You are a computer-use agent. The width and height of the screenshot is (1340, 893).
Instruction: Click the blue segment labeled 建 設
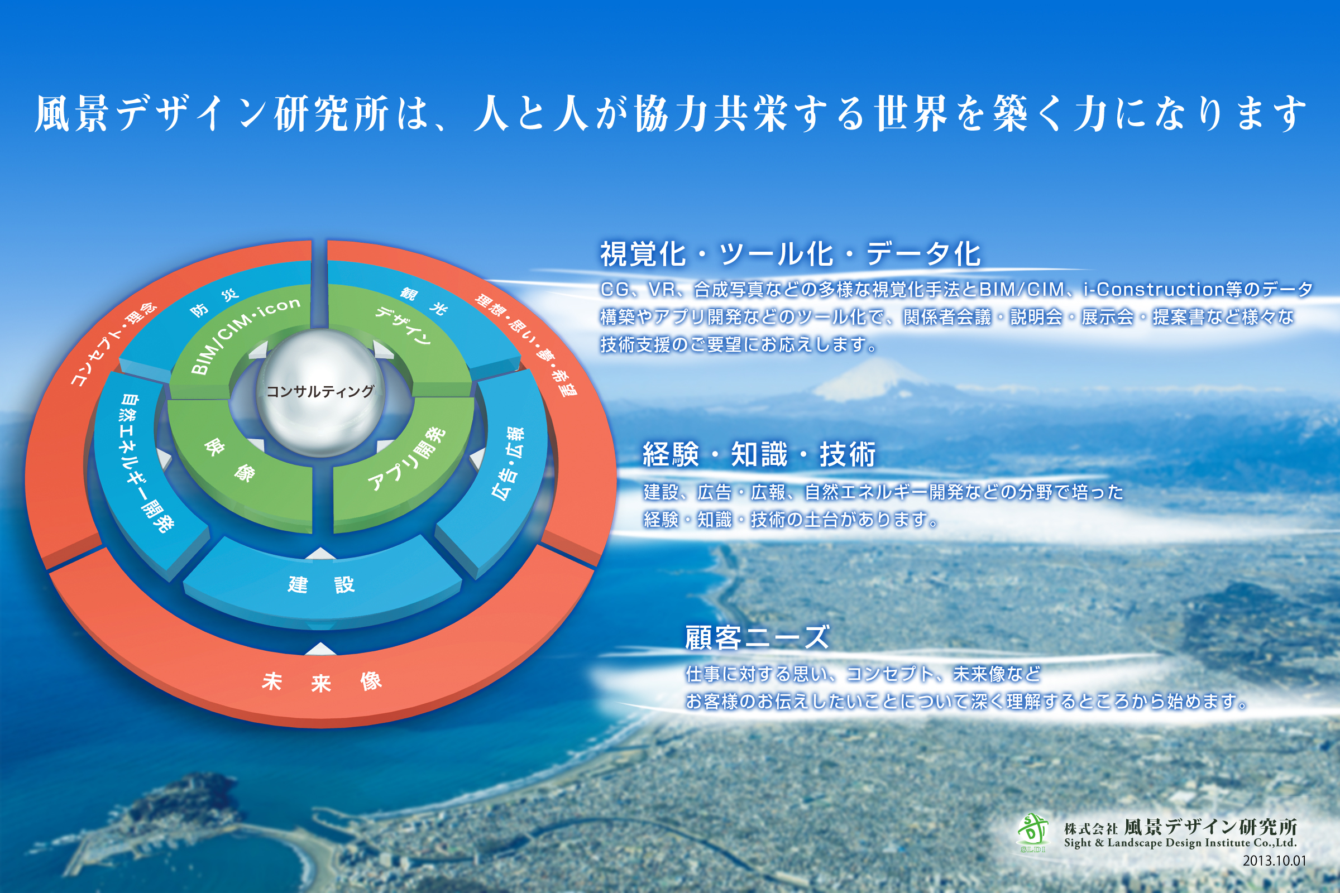(x=322, y=584)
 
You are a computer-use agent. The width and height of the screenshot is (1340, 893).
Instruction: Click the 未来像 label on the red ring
(x=322, y=681)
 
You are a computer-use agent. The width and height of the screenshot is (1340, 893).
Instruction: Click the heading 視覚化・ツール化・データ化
(x=790, y=254)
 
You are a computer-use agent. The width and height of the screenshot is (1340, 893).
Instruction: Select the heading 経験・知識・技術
(x=758, y=454)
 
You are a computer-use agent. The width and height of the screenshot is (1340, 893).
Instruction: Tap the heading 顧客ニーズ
(x=757, y=637)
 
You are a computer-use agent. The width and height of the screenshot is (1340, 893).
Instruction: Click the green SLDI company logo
(x=1033, y=832)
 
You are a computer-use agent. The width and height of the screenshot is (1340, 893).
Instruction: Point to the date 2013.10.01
(x=1274, y=861)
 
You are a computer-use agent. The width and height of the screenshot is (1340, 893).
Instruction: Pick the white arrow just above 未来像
(x=320, y=649)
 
